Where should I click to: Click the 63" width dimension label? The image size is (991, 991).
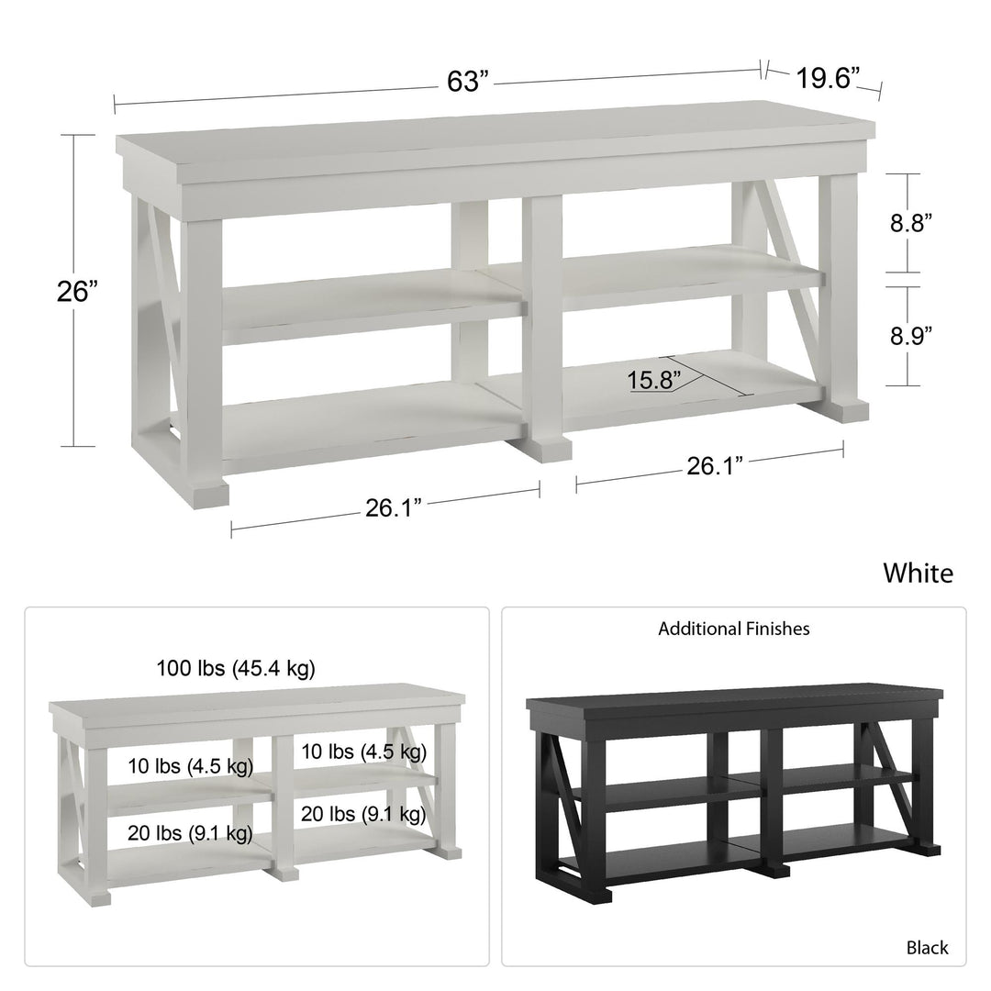[x=468, y=81]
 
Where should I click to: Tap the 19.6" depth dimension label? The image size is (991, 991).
[x=828, y=78]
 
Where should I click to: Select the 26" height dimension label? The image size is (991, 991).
[x=78, y=292]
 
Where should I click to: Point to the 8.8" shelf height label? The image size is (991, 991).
[x=911, y=223]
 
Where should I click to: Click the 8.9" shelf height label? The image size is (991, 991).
[x=911, y=336]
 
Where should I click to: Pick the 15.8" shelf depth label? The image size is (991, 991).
[x=654, y=381]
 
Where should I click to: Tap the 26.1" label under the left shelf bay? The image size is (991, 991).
[x=393, y=507]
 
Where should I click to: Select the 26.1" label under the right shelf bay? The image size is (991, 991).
[x=715, y=466]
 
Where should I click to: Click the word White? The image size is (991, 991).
[x=918, y=573]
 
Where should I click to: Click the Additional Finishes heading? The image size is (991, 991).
[x=734, y=629]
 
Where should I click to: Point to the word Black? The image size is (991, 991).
[x=927, y=947]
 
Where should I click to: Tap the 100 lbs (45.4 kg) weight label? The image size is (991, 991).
[x=236, y=668]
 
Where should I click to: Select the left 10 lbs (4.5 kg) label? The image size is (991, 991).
[x=190, y=766]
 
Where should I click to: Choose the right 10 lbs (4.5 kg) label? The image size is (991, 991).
[x=363, y=752]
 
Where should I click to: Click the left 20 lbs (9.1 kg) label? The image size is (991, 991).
[x=190, y=833]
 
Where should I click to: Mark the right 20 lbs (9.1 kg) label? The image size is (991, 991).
[x=363, y=814]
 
